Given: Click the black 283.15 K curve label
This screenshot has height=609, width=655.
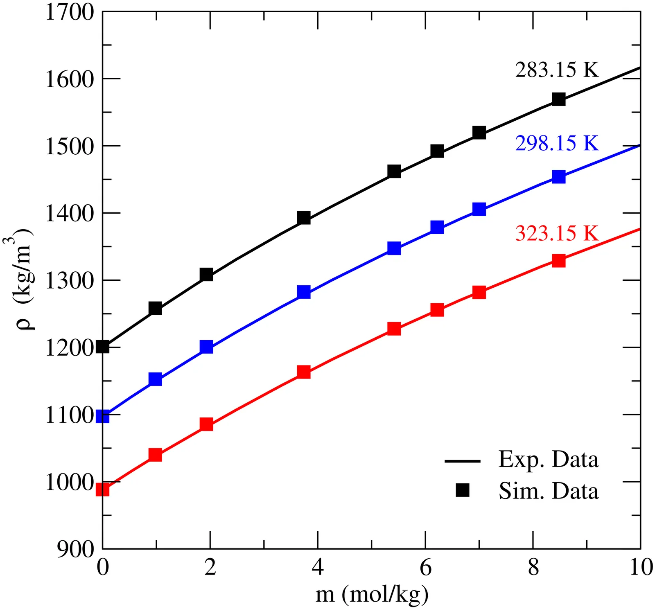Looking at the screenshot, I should coord(557,70).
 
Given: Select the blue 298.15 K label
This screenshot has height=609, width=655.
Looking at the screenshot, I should coord(557,143).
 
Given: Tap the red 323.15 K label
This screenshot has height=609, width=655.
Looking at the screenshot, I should coord(557,233).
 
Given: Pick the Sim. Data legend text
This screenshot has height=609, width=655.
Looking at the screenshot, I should coord(548,491).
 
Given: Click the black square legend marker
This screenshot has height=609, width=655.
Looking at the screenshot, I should coord(463,490).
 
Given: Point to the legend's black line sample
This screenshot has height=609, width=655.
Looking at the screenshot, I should coord(463,461).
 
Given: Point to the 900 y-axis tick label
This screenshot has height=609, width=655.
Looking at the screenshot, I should coord(76,549).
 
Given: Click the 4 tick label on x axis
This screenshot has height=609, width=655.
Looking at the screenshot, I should coord(318,568).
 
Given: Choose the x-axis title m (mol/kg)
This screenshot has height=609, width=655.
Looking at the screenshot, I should coord(372,594).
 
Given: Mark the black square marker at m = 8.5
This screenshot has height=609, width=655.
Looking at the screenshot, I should coord(559,99).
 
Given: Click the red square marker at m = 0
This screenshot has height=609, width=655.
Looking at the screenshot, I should coord(102,489).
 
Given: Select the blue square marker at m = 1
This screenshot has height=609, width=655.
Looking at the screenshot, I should coord(156,379).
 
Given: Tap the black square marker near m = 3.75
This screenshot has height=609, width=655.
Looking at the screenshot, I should coord(304,218).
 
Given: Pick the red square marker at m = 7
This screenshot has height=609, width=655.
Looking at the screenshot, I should coord(479,292).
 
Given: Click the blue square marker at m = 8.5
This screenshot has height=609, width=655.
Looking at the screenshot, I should coord(559,177).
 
